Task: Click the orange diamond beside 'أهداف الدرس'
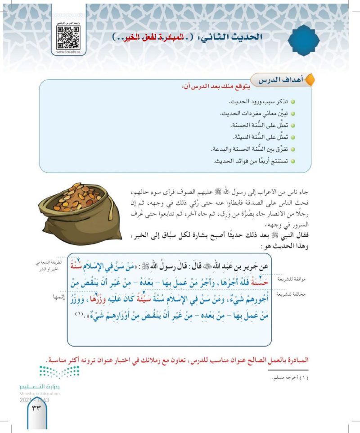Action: coord(310,81)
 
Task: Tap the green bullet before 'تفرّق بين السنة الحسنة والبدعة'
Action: coord(292,149)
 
